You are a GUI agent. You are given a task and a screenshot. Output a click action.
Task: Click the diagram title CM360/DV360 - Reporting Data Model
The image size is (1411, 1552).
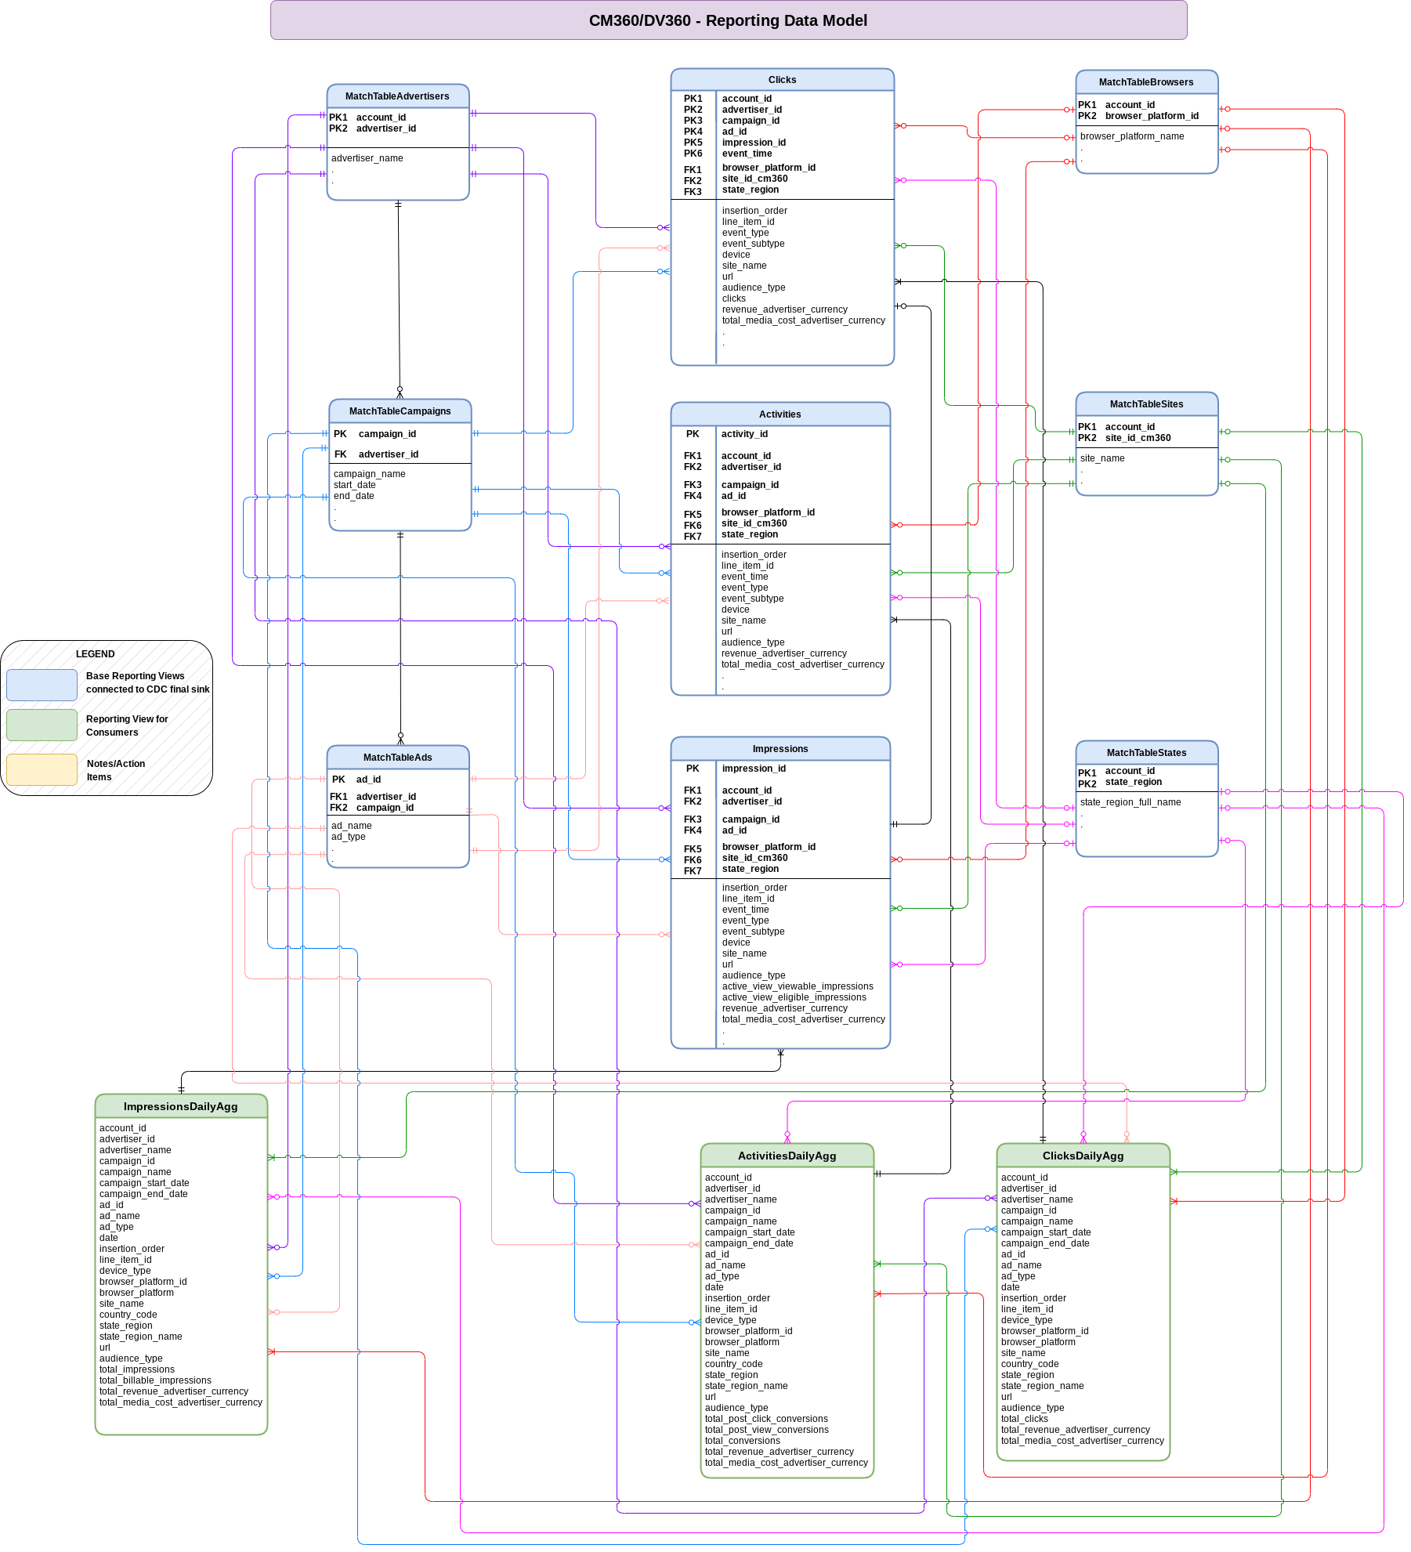728,20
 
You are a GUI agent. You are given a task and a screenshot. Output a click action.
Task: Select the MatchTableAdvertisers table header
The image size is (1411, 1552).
397,96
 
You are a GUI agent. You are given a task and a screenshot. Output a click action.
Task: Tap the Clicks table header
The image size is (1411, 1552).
782,80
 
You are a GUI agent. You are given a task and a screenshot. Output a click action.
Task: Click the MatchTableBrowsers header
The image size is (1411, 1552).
1145,82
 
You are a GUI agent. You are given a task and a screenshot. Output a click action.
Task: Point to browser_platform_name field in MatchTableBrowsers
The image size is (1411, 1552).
1131,136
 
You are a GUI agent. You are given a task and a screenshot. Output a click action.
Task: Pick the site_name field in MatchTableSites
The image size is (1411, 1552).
1102,458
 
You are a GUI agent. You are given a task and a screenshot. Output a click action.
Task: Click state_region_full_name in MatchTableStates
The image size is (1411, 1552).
1130,802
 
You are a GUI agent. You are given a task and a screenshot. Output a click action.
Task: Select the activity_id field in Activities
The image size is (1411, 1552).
744,434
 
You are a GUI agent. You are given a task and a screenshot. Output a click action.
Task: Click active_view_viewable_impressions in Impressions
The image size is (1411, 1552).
797,986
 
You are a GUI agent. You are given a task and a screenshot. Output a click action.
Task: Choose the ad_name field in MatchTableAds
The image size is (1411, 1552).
351,826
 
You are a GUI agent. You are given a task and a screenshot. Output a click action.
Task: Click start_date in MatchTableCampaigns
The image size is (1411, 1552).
354,485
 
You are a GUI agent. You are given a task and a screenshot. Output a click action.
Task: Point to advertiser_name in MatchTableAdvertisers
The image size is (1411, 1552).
367,158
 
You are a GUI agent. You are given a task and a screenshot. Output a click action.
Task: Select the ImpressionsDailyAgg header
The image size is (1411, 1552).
180,1106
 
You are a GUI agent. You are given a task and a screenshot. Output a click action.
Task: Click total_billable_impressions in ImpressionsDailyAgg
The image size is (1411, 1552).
154,1380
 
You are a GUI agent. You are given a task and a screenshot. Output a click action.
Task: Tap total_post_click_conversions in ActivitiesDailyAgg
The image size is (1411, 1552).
765,1419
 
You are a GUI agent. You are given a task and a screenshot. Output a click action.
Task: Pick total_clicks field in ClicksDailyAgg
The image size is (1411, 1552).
1024,1419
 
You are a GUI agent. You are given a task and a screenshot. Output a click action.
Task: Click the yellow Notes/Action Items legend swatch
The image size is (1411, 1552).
42,769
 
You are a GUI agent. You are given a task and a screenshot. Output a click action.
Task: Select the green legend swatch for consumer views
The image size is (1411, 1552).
42,725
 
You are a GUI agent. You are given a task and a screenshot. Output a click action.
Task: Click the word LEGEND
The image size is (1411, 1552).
95,654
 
